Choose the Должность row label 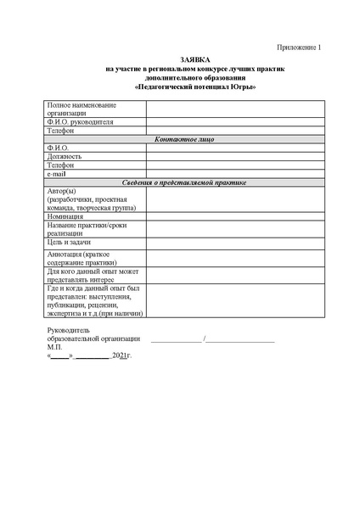tap(65, 156)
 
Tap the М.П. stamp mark tap(55, 347)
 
